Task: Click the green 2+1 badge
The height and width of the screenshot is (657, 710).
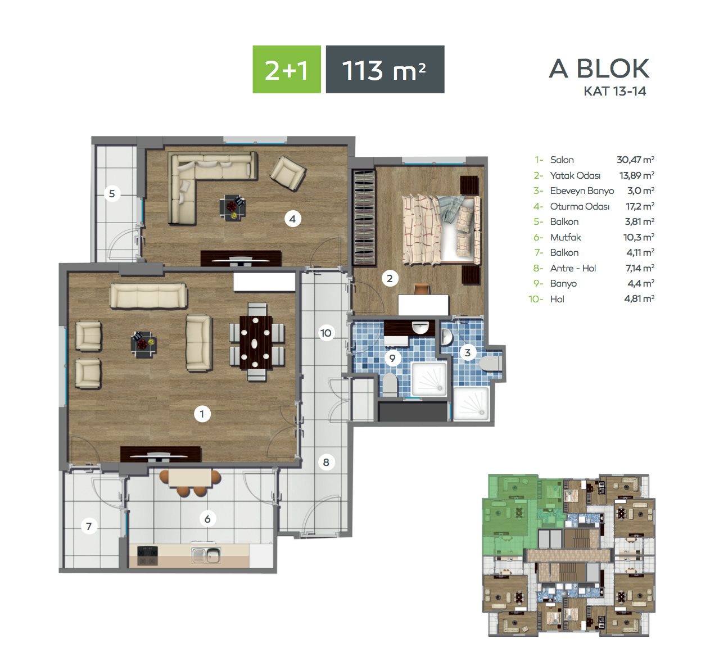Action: coord(287,69)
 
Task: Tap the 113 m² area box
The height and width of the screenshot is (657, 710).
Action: coord(385,69)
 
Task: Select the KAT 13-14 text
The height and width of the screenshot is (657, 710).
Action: coord(615,91)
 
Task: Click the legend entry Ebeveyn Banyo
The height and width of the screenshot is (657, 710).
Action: coord(582,191)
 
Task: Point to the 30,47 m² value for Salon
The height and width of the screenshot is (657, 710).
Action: coord(635,160)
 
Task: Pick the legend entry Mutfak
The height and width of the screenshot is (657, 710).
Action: coord(565,237)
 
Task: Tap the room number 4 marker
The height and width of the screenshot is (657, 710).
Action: coord(292,219)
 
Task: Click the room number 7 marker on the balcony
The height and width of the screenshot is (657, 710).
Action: coord(89,526)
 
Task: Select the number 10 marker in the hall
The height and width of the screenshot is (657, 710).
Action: coord(325,333)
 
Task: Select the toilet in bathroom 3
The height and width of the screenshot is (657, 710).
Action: coord(490,363)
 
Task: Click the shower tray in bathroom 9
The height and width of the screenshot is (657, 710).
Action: coord(429,379)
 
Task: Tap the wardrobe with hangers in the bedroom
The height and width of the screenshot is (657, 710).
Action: coord(364,218)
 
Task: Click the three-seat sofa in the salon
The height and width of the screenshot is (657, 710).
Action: coord(148,296)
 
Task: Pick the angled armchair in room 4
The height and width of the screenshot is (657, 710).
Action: coord(288,173)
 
